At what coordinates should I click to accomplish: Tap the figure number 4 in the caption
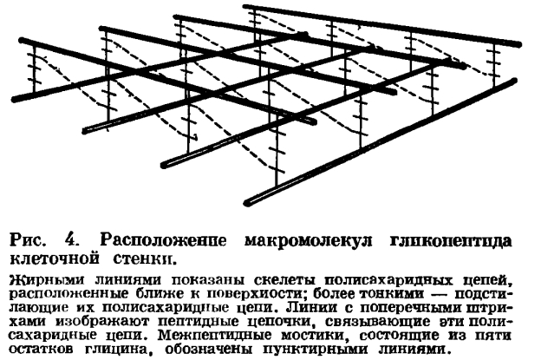coord(73,239)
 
